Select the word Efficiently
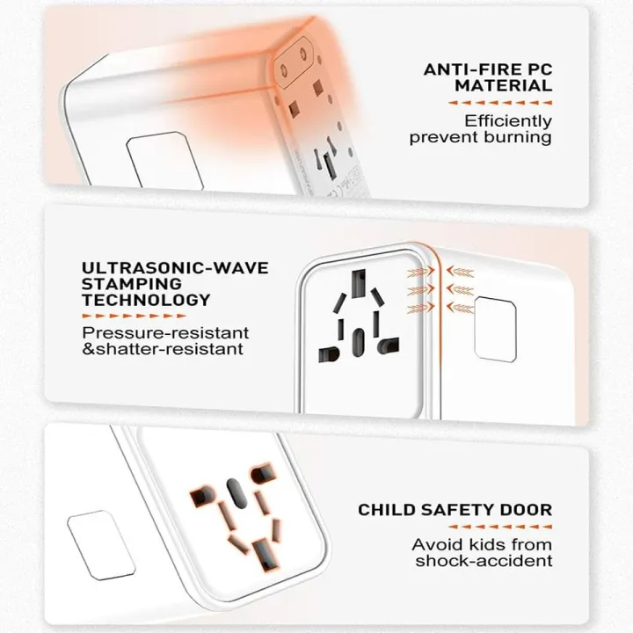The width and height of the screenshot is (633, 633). (x=509, y=120)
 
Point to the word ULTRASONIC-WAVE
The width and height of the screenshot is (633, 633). (x=175, y=267)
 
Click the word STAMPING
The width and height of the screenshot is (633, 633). (x=132, y=284)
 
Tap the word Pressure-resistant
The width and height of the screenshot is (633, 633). (x=165, y=333)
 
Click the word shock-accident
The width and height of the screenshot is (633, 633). (x=484, y=561)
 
